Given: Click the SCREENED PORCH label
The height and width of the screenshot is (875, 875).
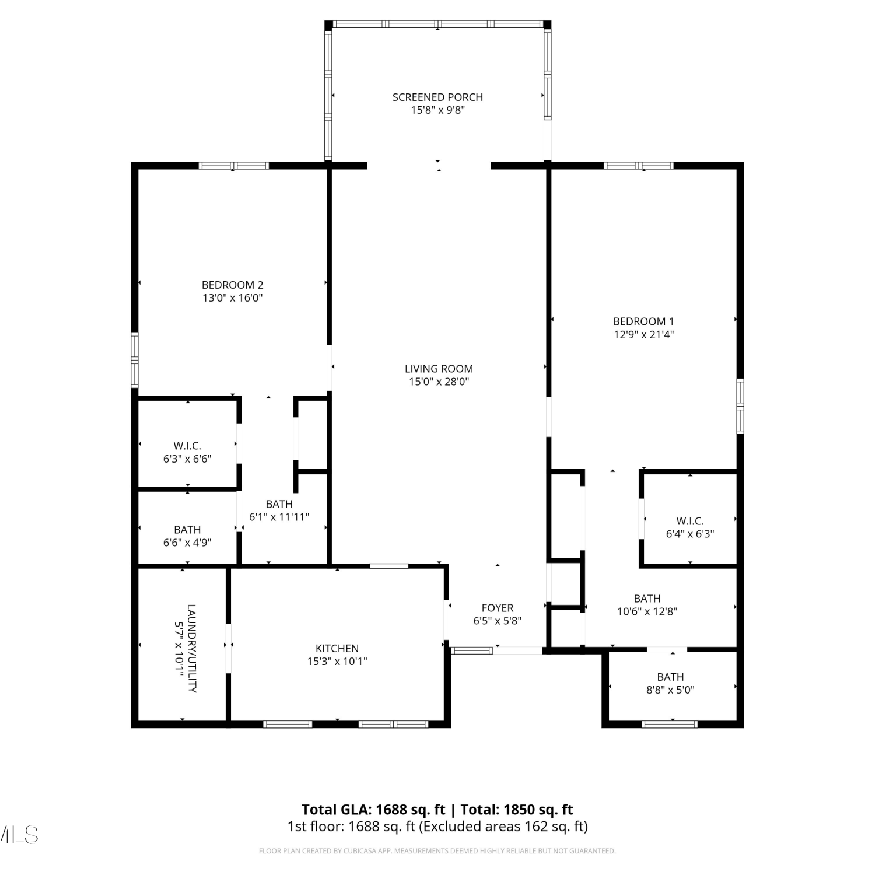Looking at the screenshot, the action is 437,97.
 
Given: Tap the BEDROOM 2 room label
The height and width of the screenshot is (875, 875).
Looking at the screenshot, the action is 232,285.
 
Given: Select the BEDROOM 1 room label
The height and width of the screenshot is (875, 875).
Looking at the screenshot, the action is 643,321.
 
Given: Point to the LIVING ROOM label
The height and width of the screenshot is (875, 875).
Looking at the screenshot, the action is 439,369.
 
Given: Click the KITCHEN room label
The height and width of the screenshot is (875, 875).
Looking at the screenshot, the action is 337,648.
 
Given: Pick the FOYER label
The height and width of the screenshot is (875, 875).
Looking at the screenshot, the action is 498,608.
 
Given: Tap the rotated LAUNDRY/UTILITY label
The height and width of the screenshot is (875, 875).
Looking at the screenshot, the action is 191,648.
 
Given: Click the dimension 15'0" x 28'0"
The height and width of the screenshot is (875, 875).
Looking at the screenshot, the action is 439,382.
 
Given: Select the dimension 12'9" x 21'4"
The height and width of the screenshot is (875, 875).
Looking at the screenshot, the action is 643,335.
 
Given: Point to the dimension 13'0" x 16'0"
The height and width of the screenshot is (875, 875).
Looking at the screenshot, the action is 232,298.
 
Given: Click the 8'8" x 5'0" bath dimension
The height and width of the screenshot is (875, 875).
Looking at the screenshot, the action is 670,690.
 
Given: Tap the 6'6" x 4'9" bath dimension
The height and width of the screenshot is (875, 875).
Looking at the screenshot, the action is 187,542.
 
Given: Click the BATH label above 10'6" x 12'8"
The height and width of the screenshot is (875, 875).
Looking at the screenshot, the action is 647,598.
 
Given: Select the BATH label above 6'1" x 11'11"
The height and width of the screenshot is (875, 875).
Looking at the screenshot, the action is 279,504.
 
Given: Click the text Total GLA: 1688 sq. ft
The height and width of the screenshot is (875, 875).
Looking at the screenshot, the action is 373,810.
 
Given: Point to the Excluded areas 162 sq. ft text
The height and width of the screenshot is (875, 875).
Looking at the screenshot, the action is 503,827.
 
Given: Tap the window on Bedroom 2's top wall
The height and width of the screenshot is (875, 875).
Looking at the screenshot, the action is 233,166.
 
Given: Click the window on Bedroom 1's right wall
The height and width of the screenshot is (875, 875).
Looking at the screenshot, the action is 740,406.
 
